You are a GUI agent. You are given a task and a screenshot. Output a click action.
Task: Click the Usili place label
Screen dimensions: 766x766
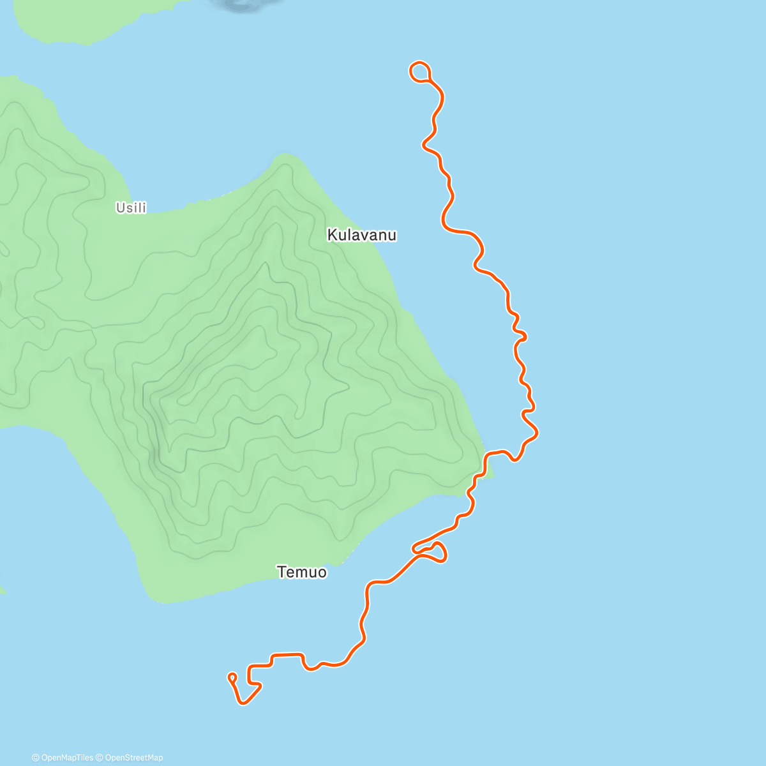pos(131,207)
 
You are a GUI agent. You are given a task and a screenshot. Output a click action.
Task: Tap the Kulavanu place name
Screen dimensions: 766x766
pos(361,235)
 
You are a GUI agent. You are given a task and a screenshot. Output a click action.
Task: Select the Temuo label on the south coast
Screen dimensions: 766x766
pos(302,572)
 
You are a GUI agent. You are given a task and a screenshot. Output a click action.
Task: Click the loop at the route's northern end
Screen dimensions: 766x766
pos(419,71)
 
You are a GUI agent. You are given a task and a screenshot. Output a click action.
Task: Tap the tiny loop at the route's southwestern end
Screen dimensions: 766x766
pos(232,677)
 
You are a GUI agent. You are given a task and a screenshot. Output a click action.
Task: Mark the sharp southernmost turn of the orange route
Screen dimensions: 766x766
pos(243,703)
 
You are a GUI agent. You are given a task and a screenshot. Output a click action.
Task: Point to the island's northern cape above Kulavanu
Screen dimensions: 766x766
pos(285,158)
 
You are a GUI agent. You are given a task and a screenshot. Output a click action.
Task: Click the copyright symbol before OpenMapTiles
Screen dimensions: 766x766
pos(36,758)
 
